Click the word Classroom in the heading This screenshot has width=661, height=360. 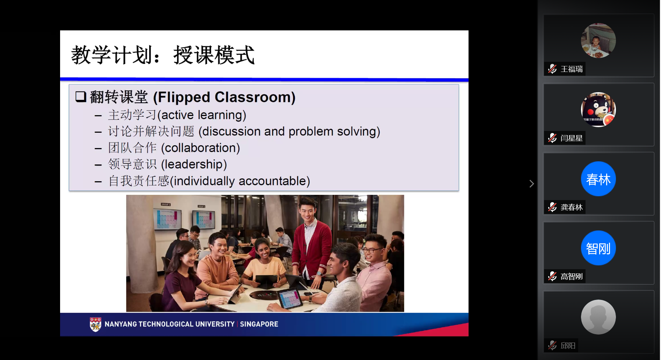tap(255, 97)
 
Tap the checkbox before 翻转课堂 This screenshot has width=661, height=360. tap(81, 97)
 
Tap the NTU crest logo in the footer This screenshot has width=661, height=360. tap(95, 324)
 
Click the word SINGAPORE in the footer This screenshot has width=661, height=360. tap(259, 324)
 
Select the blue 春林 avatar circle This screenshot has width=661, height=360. tap(598, 179)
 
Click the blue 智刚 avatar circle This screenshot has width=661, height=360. tap(598, 248)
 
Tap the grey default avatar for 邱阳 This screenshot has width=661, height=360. tap(598, 317)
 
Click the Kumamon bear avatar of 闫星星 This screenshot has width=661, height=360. tap(598, 110)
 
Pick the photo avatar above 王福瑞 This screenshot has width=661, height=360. tap(598, 41)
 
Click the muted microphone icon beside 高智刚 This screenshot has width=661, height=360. tap(552, 276)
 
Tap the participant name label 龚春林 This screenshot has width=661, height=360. tap(572, 207)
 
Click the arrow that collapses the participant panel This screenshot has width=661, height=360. tap(531, 184)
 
